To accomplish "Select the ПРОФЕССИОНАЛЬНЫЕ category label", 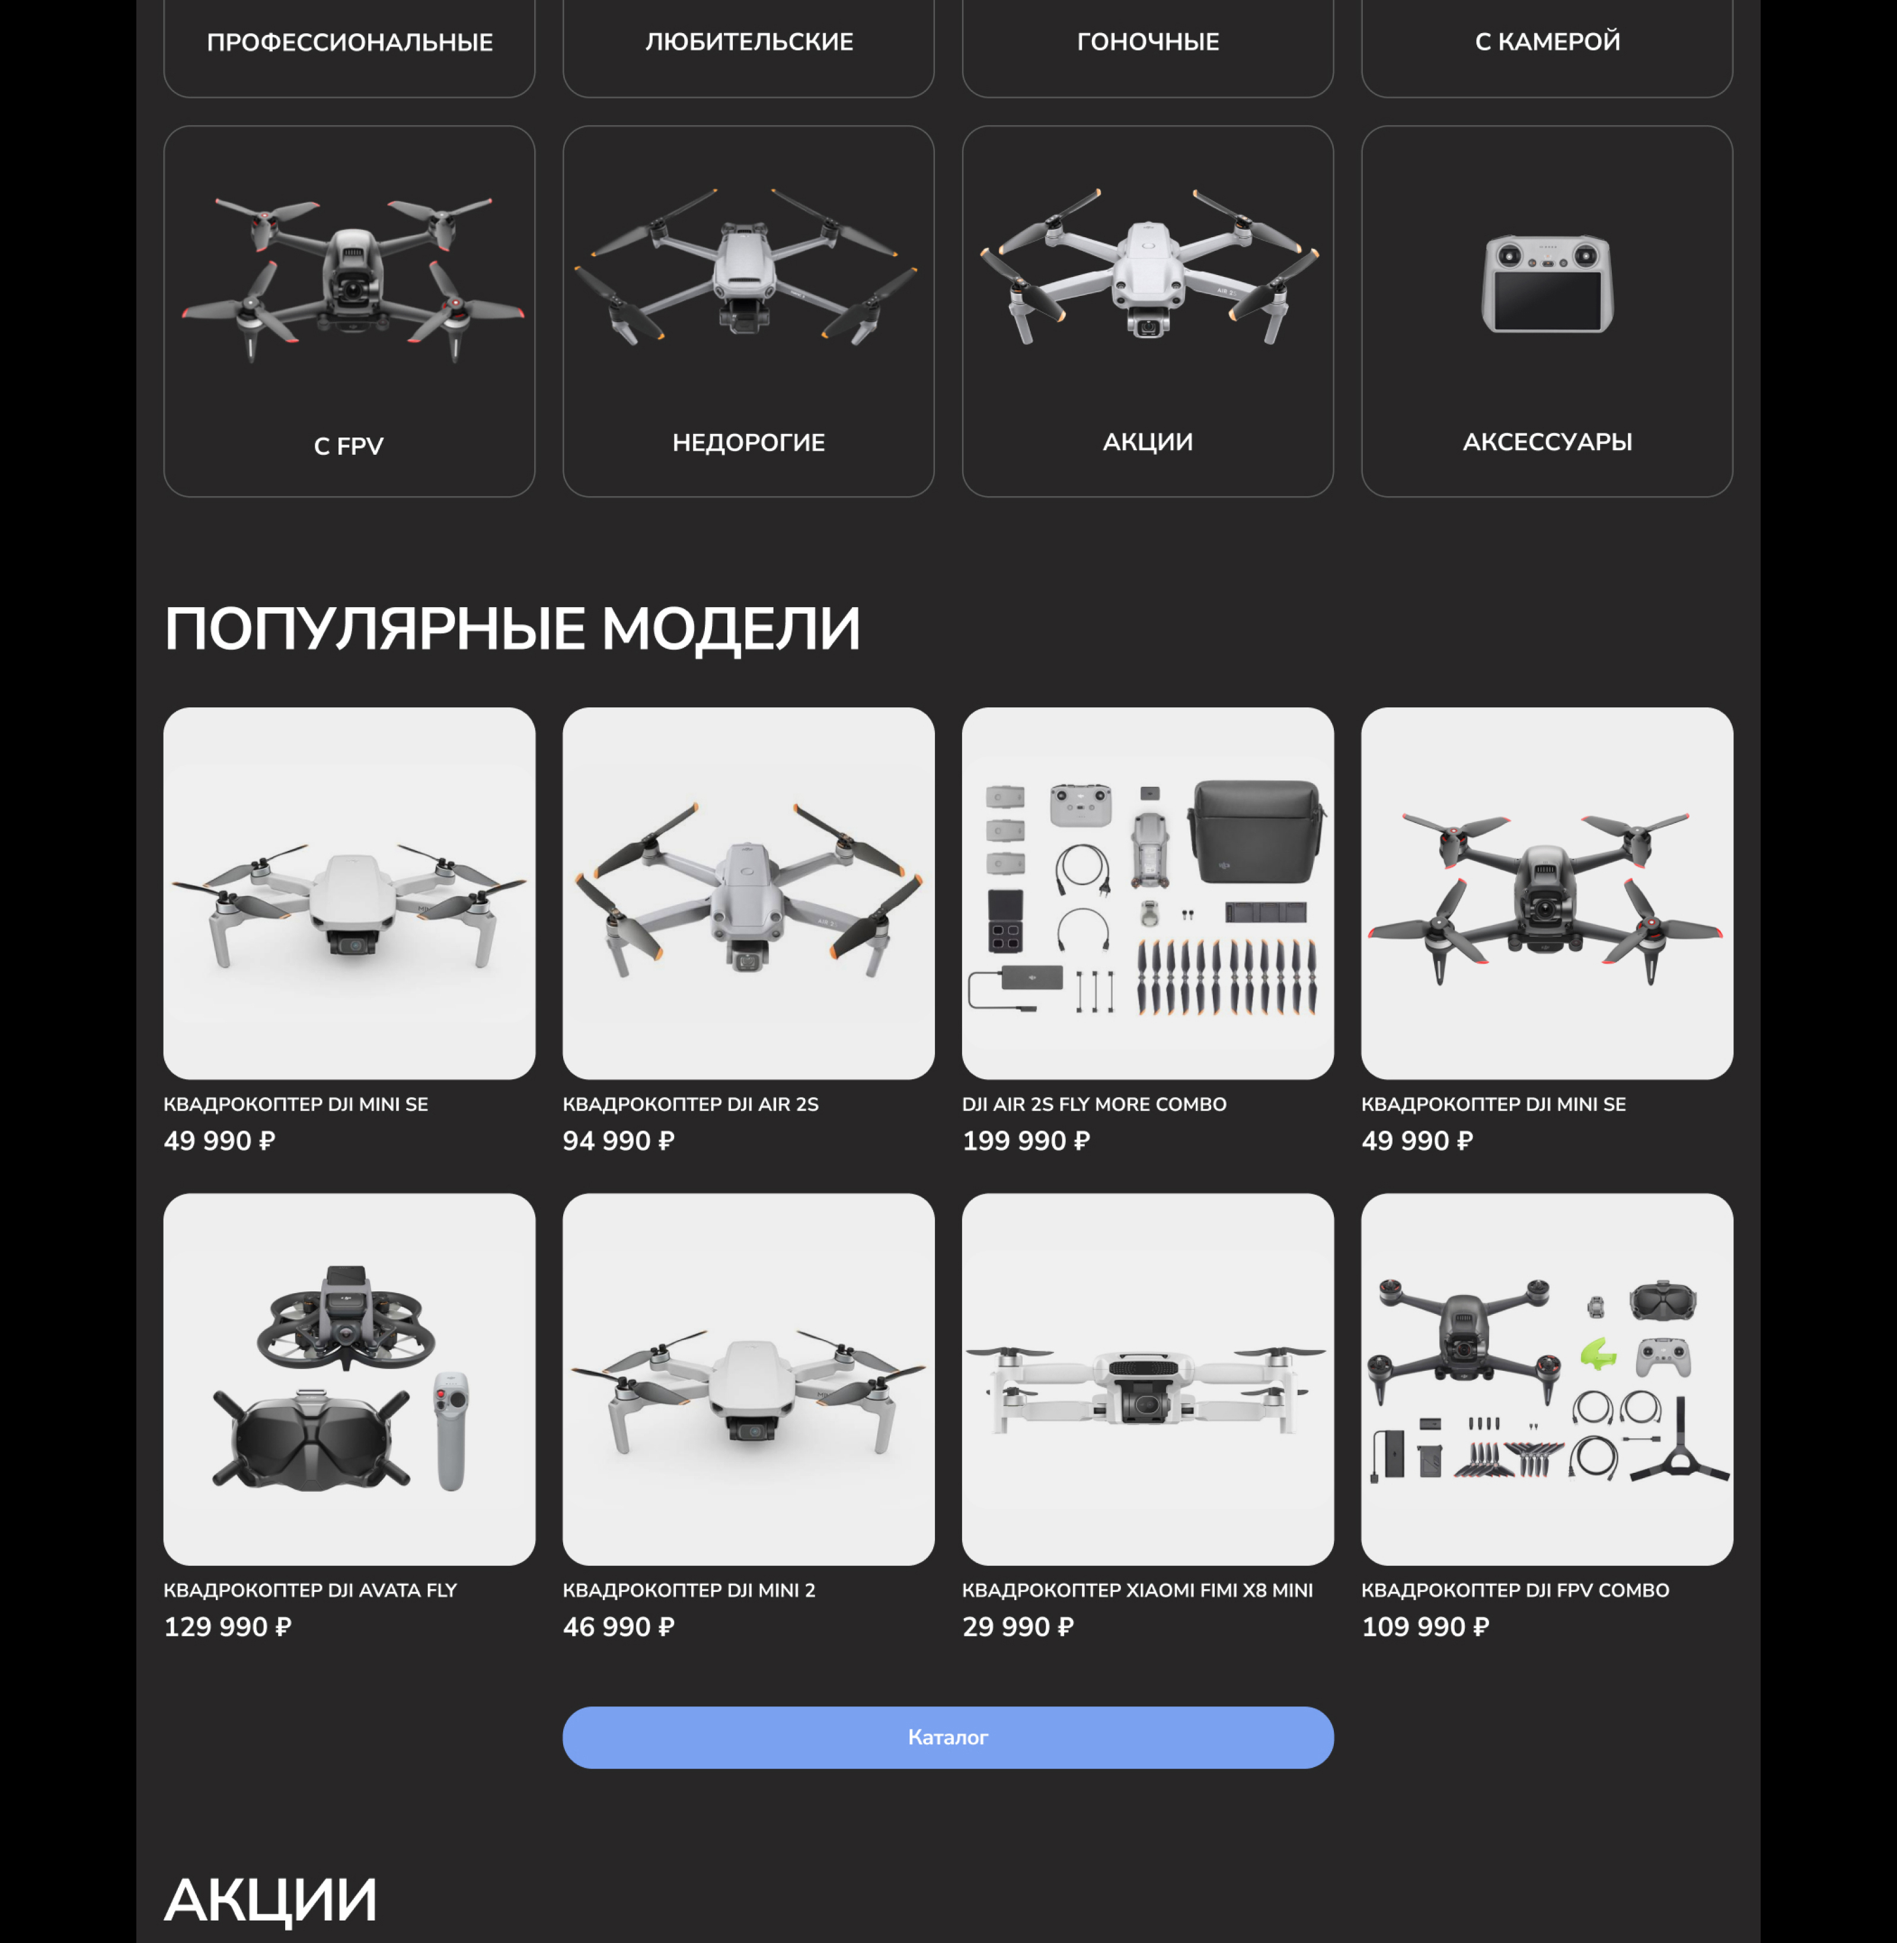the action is point(350,42).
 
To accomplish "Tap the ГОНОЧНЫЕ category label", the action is point(1148,42).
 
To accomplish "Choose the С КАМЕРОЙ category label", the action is point(1547,42).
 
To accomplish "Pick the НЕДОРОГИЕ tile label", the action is point(748,442).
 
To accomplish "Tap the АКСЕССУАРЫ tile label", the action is point(1547,442).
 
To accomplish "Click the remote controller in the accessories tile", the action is point(1547,284).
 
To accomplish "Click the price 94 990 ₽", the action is point(619,1141).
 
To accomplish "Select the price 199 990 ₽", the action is point(1026,1141).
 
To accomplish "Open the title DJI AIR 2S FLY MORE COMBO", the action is point(1094,1104).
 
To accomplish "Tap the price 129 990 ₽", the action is point(227,1627).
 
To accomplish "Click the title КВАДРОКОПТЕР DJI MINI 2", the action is point(688,1590).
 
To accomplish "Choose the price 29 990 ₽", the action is point(1018,1627).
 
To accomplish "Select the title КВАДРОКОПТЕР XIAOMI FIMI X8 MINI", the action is point(1137,1590).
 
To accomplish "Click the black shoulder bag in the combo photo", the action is point(1257,832).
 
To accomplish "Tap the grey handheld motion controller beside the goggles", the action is point(451,1432).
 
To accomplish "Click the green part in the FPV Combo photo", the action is point(1598,1353).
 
